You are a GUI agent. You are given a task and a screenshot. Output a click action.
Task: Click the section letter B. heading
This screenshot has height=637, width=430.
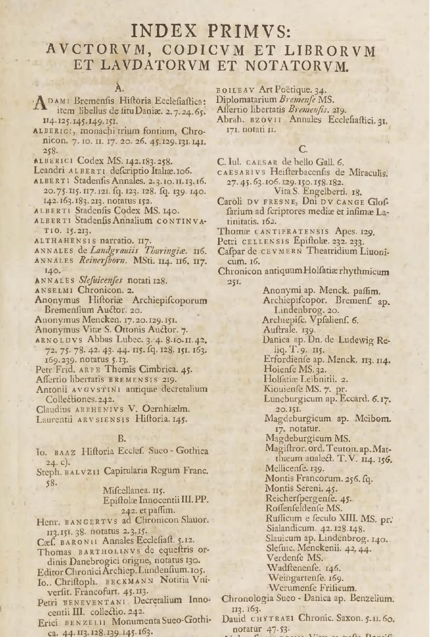click(122, 439)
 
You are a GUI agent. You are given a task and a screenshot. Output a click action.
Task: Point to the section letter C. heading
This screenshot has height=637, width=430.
click(303, 149)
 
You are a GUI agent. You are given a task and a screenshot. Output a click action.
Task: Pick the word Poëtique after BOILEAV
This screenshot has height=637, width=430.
click(295, 90)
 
